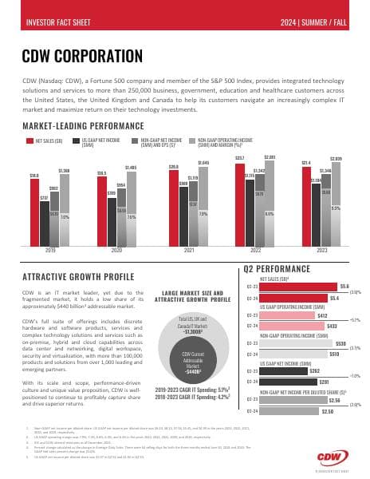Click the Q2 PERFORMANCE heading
click(277, 268)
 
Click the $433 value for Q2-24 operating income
click(333, 326)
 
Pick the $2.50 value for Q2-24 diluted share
click(327, 410)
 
